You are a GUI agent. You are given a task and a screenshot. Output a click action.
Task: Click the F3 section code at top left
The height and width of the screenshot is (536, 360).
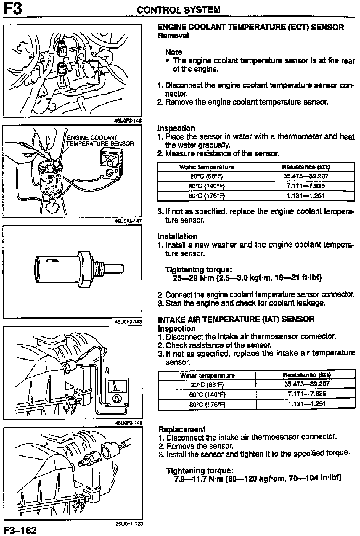tap(12, 9)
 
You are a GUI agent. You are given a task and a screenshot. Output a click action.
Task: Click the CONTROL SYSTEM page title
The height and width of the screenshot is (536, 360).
tap(179, 10)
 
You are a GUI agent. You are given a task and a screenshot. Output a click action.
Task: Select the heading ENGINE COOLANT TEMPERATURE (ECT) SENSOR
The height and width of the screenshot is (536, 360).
tap(250, 28)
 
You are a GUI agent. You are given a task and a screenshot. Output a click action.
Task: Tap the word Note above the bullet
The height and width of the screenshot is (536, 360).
tap(174, 52)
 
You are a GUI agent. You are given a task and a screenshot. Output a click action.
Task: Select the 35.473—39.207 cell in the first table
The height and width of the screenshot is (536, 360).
tap(306, 176)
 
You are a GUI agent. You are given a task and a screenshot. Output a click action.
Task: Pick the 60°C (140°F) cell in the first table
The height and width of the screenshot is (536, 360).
tap(207, 186)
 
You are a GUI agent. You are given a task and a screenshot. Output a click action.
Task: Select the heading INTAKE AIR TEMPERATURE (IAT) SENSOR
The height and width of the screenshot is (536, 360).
tap(236, 320)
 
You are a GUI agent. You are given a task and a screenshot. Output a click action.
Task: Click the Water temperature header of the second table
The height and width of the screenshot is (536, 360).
tap(207, 376)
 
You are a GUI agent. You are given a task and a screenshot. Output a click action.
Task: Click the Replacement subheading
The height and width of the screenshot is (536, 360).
tap(182, 429)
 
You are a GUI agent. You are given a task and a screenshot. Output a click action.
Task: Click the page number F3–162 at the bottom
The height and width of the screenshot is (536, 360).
tap(20, 530)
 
